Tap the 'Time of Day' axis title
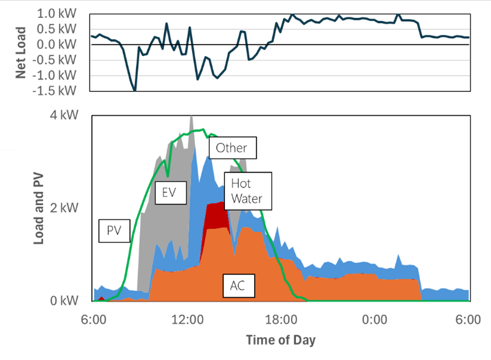tap(280, 341)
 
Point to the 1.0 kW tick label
tap(57, 13)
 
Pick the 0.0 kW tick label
tap(57, 44)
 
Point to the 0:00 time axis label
tap(375, 319)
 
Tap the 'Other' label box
tap(231, 147)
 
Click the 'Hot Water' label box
tap(247, 191)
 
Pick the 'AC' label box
tap(238, 286)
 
